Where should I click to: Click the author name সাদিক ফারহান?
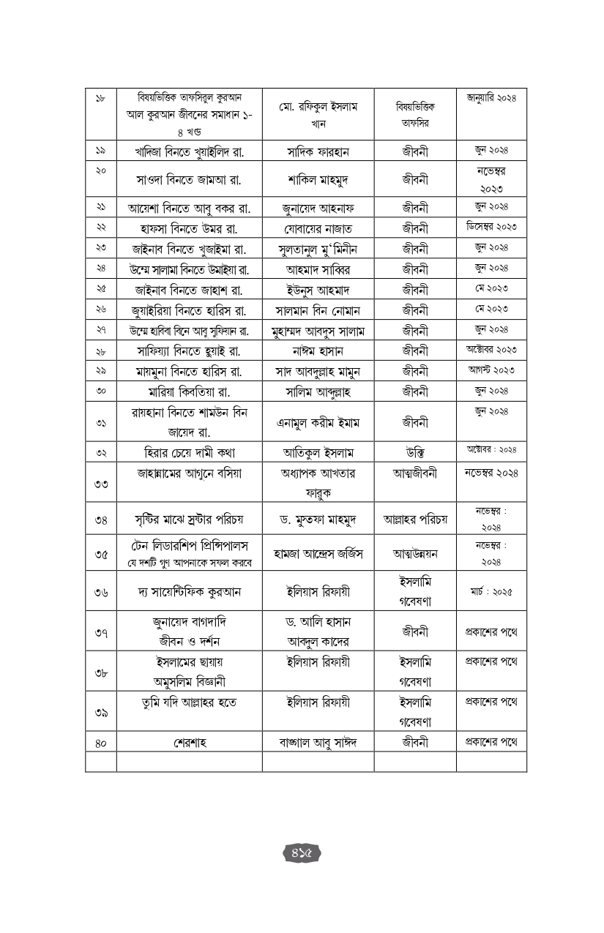pos(318,151)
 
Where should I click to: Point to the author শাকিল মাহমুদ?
pos(318,179)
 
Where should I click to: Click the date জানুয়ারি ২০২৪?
pos(491,97)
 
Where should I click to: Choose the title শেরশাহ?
pos(189,743)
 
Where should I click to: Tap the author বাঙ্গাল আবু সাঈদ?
pos(318,743)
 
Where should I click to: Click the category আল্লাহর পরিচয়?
pos(415,520)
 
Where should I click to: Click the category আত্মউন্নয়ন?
pos(415,554)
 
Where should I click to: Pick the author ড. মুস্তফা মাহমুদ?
pos(318,520)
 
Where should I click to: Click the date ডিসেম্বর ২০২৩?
pos(491,227)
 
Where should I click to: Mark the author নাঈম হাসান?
pos(318,351)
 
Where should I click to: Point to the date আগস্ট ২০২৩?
pos(491,370)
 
